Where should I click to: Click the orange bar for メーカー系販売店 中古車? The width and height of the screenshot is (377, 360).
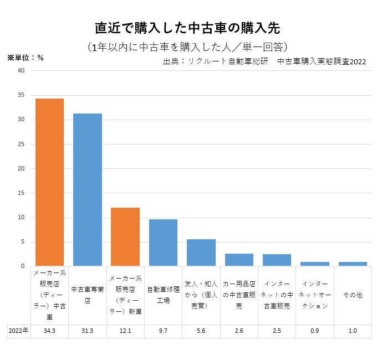coord(49,182)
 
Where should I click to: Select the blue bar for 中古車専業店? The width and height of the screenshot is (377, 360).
coord(88,189)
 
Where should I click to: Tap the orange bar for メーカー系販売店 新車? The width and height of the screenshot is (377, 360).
coord(125,236)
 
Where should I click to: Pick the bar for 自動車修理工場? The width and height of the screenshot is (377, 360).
coord(163,243)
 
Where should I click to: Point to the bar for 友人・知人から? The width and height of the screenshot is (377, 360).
coord(201,253)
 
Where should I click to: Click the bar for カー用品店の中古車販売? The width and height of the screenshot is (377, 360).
coord(239,260)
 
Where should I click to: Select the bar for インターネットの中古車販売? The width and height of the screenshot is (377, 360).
coord(277,260)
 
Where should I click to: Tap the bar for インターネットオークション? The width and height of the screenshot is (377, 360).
coord(315,264)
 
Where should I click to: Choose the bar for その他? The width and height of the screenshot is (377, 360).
coord(353,264)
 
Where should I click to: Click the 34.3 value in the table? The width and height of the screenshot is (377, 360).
coord(49,331)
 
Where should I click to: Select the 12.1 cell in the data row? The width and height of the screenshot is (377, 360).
coord(125,331)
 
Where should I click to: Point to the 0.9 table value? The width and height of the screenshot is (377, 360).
coord(315,331)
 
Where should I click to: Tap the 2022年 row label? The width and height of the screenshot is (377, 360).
coord(19,331)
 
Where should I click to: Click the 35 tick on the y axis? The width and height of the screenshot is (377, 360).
coord(21,95)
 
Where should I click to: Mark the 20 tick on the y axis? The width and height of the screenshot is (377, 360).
coord(21,168)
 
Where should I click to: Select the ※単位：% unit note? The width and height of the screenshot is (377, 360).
coord(26,58)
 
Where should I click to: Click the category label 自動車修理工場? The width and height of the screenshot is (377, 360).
coord(163,295)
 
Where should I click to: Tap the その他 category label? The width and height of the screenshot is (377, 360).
coord(353,295)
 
